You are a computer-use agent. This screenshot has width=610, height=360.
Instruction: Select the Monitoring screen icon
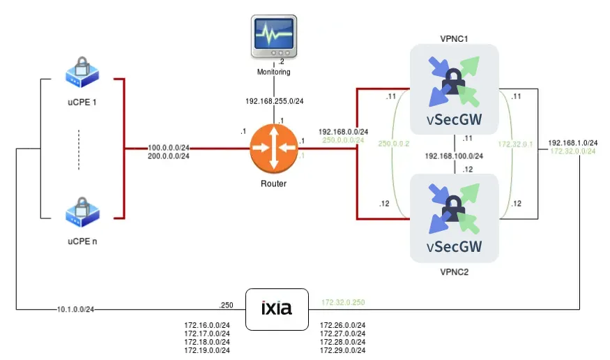pyautogui.click(x=273, y=38)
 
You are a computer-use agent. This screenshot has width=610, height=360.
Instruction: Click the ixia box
pyautogui.click(x=276, y=309)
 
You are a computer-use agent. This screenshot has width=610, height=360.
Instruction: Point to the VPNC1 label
pyautogui.click(x=454, y=36)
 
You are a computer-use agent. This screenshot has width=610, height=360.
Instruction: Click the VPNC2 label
pyautogui.click(x=454, y=271)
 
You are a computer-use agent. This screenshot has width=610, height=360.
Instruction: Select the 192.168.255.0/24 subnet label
pyautogui.click(x=275, y=101)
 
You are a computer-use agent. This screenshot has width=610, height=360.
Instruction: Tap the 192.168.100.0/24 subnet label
pyautogui.click(x=454, y=156)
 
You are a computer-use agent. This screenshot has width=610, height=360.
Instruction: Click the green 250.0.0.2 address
pyautogui.click(x=395, y=144)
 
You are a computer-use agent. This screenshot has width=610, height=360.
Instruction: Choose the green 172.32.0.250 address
pyautogui.click(x=343, y=303)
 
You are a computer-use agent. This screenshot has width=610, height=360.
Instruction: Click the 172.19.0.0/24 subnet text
pyautogui.click(x=207, y=350)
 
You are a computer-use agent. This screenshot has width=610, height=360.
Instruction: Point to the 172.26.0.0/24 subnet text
pyautogui.click(x=342, y=325)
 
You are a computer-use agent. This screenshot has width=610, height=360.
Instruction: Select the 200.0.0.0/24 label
pyautogui.click(x=168, y=156)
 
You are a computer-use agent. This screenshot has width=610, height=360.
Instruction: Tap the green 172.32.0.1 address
pyautogui.click(x=515, y=144)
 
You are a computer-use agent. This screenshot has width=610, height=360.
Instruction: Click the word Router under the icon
pyautogui.click(x=273, y=184)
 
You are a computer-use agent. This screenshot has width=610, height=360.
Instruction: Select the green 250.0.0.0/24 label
pyautogui.click(x=343, y=140)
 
